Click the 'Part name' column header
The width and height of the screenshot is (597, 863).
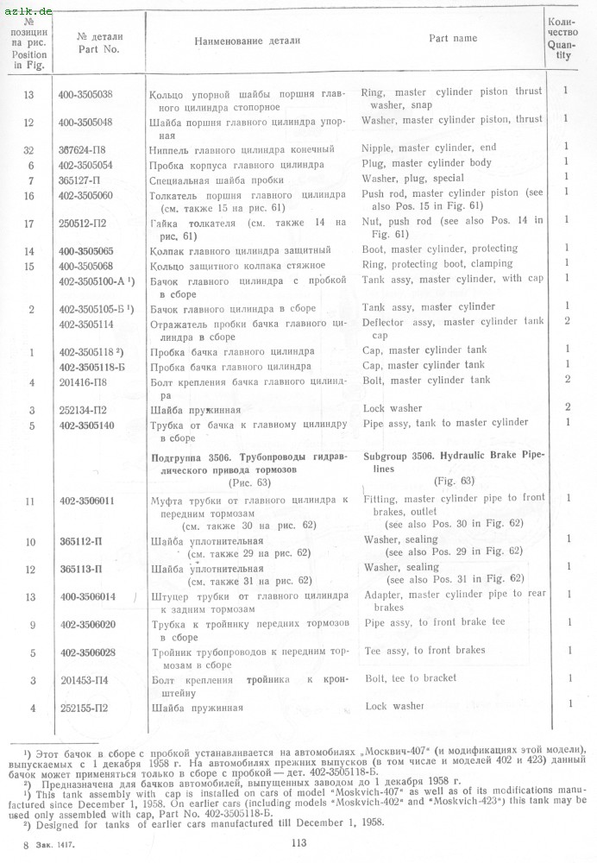(x=453, y=39)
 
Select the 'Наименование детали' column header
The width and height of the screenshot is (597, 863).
(x=248, y=41)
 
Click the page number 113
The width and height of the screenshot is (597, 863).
(x=299, y=843)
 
